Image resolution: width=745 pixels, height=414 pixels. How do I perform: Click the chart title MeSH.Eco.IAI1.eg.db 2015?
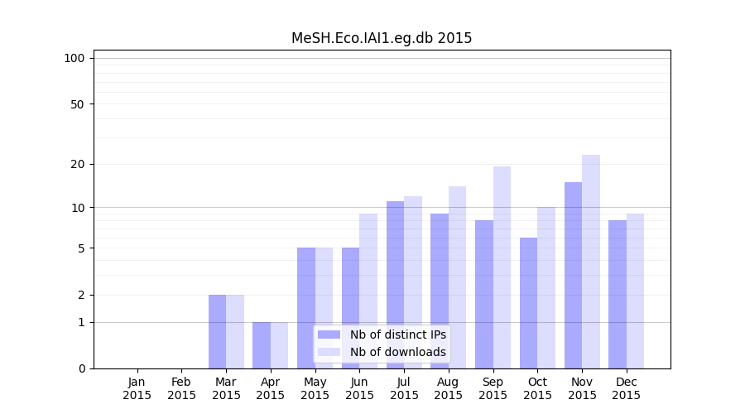382,38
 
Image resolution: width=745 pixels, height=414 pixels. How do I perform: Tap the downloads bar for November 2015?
591,262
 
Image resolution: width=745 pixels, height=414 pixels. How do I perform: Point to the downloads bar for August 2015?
457,277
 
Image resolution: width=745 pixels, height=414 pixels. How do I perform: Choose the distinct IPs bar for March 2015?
217,331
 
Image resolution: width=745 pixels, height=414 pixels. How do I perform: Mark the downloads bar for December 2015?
635,291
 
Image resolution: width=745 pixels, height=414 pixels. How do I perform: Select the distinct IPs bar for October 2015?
528,303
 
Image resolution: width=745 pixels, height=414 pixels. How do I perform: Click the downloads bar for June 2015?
368,291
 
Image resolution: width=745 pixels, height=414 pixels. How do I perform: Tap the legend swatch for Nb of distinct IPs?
329,335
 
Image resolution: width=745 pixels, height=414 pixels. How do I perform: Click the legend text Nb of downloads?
397,352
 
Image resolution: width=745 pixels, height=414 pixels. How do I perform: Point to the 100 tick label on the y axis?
74,58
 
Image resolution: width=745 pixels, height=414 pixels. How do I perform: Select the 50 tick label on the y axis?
77,104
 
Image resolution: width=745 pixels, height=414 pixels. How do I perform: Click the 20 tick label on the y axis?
77,164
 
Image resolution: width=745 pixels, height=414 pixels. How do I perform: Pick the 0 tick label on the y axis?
81,368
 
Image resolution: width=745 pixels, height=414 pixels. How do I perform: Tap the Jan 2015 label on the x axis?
137,388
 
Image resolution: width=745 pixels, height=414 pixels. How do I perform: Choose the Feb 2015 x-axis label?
181,388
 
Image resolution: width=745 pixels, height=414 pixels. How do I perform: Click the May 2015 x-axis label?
315,388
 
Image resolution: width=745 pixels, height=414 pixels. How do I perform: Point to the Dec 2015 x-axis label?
627,388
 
